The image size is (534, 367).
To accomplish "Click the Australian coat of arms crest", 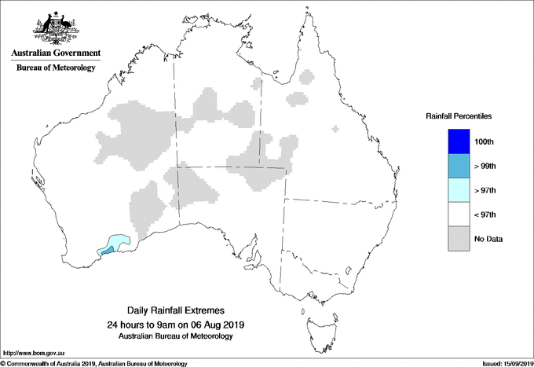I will point(55,26).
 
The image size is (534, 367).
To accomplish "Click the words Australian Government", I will point(55,53).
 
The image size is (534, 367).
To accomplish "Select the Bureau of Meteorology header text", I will point(56,68).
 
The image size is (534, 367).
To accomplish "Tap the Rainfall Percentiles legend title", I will point(459,116).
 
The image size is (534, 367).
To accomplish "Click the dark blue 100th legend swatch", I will point(458,141).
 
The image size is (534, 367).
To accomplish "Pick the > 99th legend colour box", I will point(458,166).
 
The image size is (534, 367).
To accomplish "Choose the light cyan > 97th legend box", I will point(458,190).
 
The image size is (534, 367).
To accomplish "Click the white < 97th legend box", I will point(458,215).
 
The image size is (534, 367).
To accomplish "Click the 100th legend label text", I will point(484,141).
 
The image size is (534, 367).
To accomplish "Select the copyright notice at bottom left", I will point(94,363).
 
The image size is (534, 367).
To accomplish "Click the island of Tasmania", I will point(316,322).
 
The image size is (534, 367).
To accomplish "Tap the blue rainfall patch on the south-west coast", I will point(107,250).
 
